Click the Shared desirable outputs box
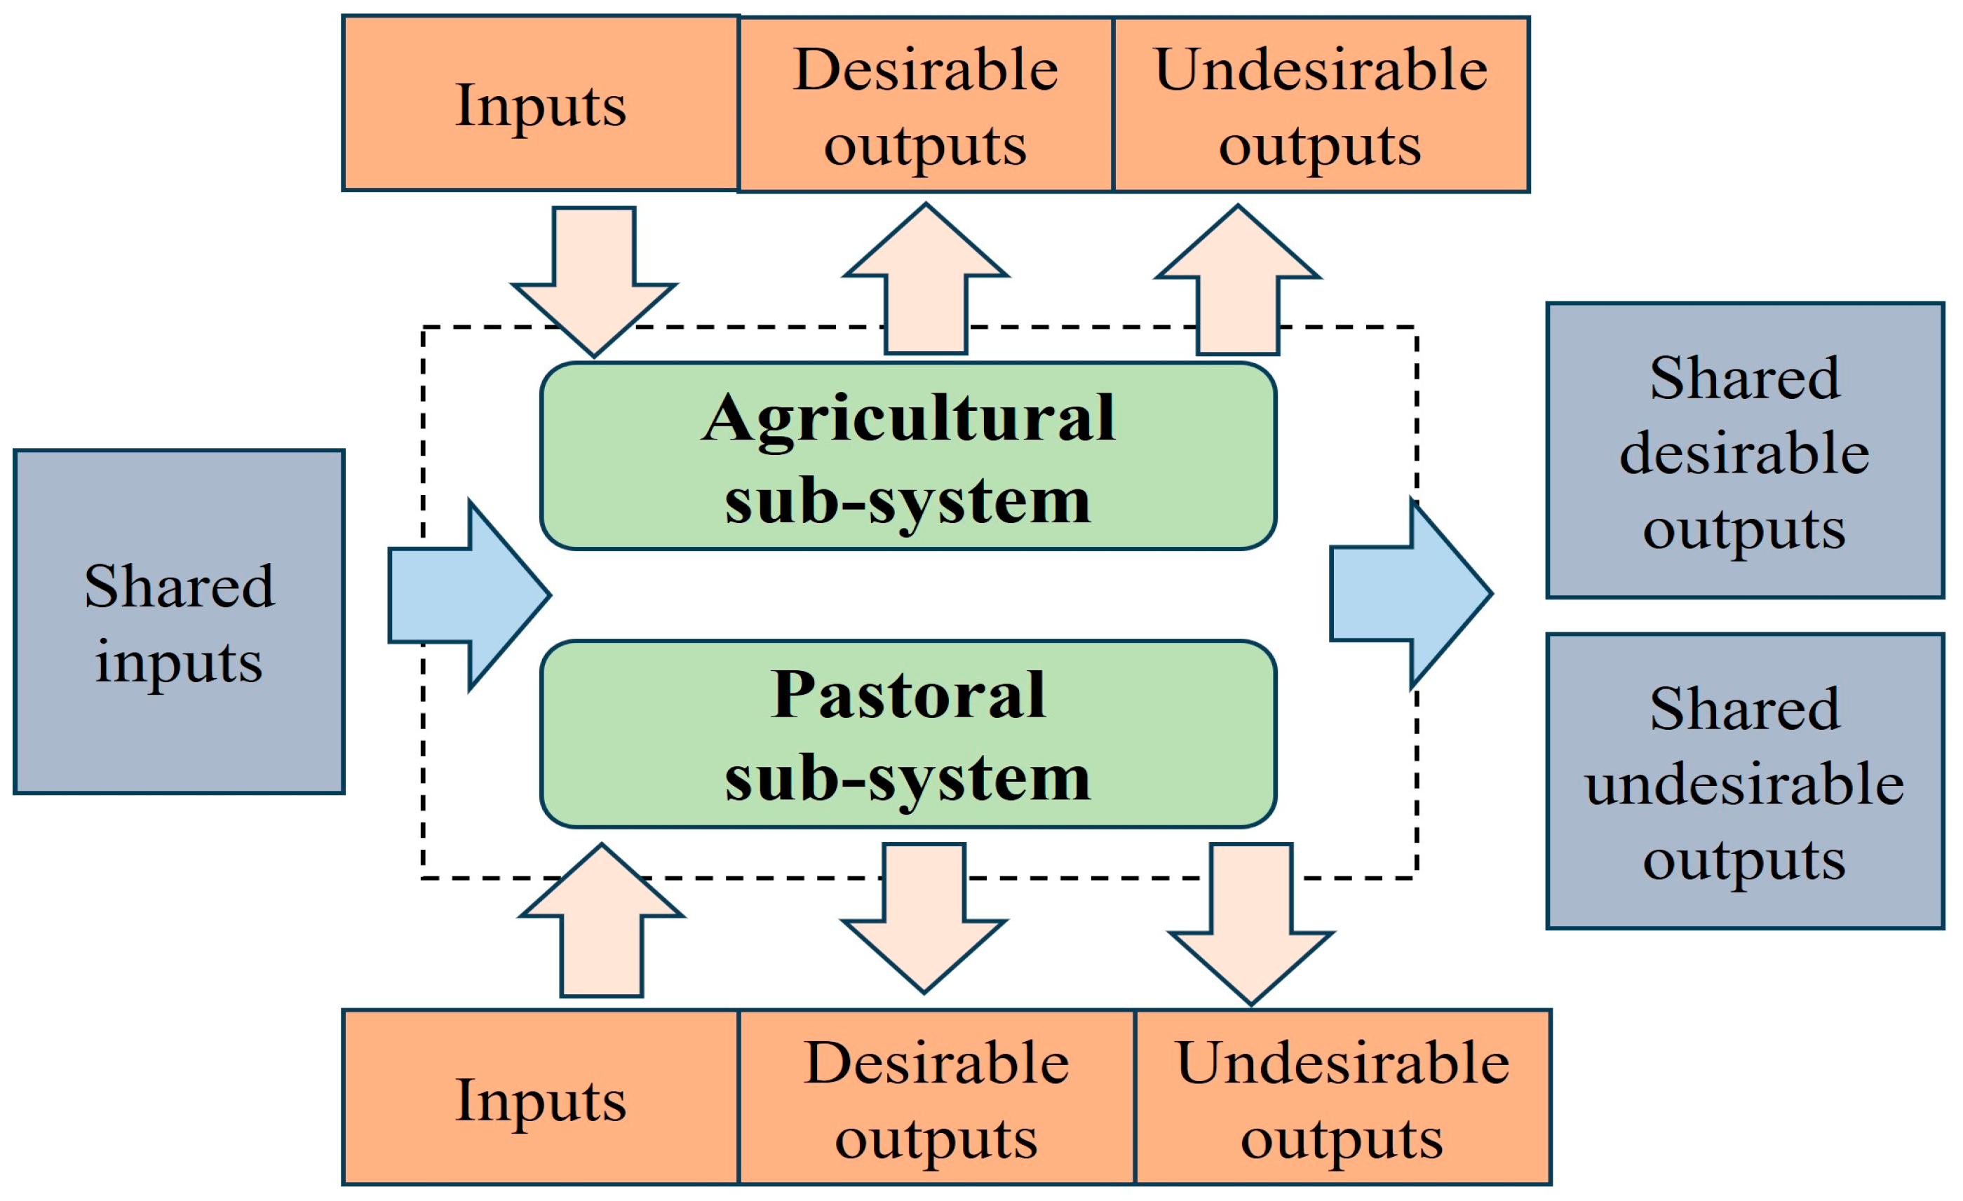[x=1745, y=451]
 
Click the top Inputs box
[x=540, y=104]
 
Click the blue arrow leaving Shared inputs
[x=470, y=595]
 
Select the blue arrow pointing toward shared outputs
[x=1410, y=593]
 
